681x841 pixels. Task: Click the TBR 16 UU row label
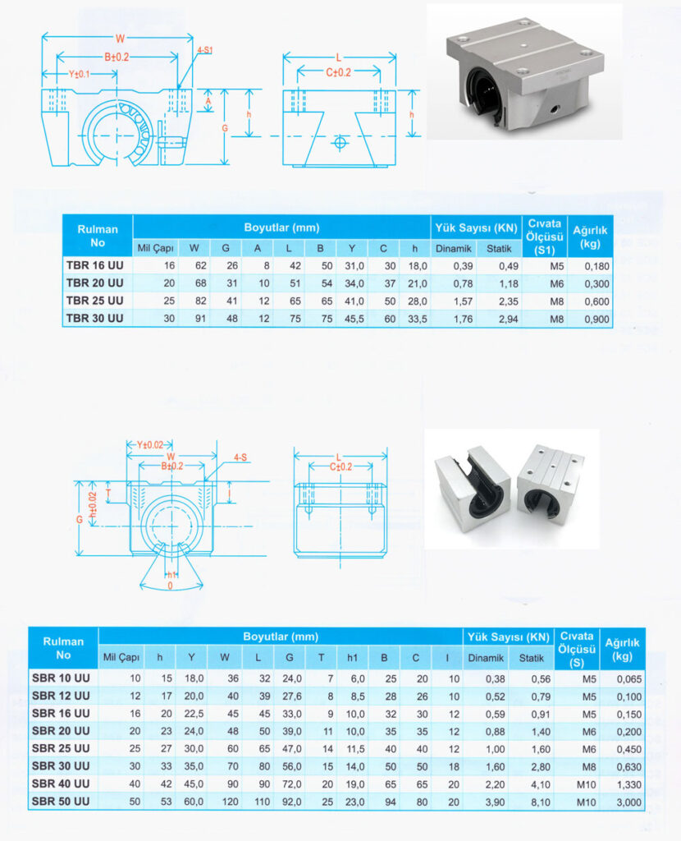click(94, 265)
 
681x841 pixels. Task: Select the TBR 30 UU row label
click(94, 319)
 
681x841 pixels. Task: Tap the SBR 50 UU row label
click(61, 800)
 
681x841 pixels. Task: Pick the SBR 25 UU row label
click(61, 748)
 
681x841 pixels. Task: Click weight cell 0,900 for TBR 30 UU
click(596, 319)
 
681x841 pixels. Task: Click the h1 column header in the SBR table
click(353, 657)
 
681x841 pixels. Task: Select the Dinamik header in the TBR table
click(453, 248)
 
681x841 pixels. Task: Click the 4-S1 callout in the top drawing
click(205, 50)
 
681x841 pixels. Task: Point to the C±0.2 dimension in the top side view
click(338, 72)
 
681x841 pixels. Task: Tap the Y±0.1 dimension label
click(80, 74)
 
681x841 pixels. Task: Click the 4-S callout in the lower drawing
click(241, 457)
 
